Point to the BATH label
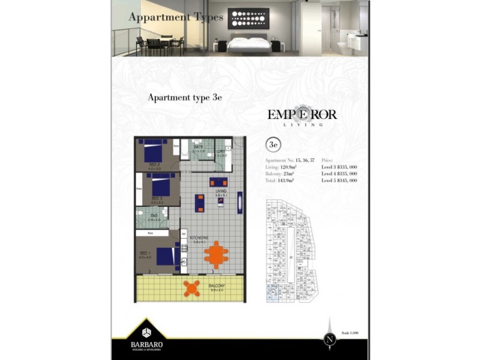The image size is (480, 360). pos(199,146)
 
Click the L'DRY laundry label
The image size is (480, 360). pos(221,151)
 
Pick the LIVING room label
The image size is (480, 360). pos(220,191)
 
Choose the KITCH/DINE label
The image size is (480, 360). pos(198,238)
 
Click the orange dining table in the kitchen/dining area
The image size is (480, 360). pos(216,254)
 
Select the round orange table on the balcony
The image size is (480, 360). pos(192,289)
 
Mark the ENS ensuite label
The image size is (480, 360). pos(154,214)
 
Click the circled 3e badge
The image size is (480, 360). pos(274,145)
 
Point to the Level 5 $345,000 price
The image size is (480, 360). pos(340,180)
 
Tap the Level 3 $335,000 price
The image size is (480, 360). pos(340,167)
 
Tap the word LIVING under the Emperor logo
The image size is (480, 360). pos(302,125)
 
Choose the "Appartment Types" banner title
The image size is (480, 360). pos(176,17)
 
